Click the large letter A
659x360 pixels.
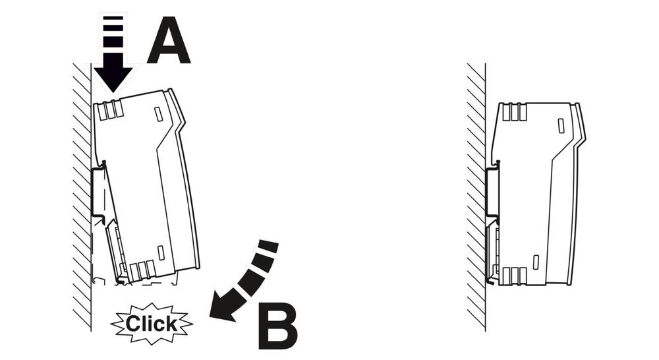[169, 42]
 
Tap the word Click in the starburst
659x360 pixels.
[152, 324]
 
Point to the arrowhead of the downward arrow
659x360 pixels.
[113, 79]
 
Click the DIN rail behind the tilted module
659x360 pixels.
[97, 191]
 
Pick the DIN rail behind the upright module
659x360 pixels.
[491, 192]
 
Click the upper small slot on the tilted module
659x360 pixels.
[158, 114]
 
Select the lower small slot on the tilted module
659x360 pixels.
[161, 253]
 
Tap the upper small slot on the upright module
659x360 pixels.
[561, 126]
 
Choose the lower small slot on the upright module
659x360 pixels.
[536, 262]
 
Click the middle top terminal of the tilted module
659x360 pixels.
[111, 111]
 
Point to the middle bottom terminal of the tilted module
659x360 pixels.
[142, 270]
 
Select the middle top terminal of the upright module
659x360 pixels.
[515, 112]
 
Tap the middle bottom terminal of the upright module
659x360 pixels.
[515, 276]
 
